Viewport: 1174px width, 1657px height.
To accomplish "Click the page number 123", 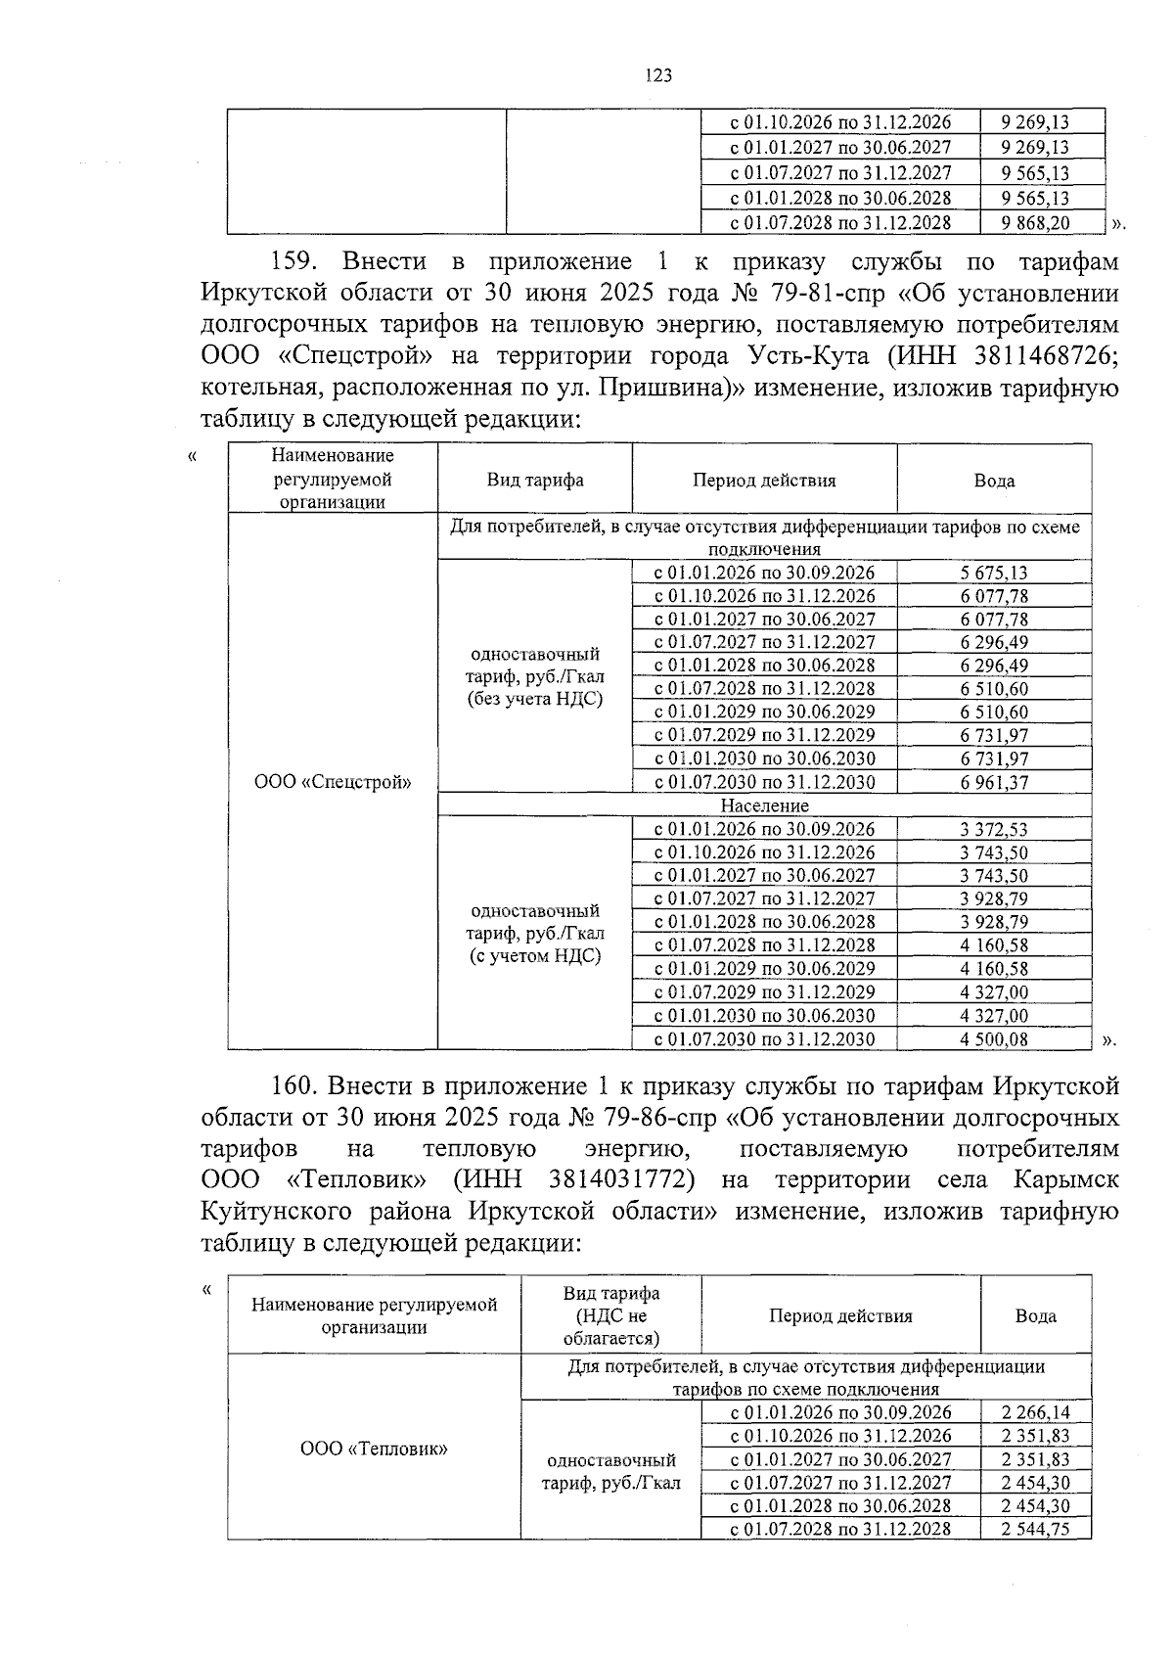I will [658, 75].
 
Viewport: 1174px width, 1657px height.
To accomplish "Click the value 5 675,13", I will [994, 574].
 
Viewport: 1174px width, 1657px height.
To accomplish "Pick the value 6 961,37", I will [994, 782].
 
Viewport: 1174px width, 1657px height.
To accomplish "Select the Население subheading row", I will [764, 805].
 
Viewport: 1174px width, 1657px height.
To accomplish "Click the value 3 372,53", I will [994, 830].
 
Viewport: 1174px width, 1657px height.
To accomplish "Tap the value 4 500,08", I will [994, 1039].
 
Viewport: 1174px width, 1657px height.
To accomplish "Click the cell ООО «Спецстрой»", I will [333, 782].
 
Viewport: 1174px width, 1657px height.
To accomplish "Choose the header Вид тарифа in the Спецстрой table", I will [535, 480].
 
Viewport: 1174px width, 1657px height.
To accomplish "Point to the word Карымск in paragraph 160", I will [1065, 1179].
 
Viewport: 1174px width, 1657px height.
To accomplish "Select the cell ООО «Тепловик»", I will [374, 1449].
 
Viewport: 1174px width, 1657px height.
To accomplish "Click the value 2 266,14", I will [1036, 1412].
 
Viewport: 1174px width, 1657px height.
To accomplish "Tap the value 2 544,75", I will [1036, 1529].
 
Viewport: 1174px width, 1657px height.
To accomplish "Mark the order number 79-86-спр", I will [658, 1117].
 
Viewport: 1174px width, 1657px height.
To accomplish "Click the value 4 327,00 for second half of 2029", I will [994, 992].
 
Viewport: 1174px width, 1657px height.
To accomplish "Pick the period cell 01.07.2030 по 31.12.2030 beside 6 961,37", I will [764, 782].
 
